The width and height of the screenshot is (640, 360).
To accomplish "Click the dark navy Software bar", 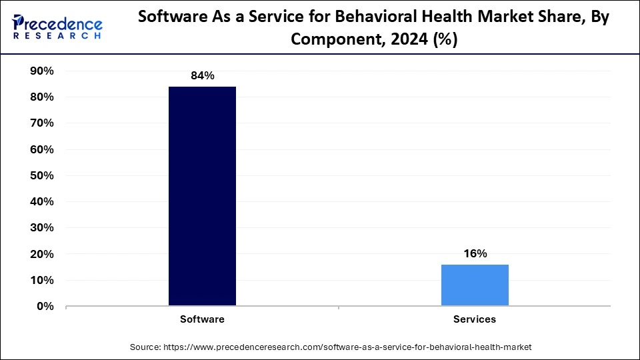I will [x=202, y=196].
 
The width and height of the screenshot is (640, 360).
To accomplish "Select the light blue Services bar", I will [x=475, y=285].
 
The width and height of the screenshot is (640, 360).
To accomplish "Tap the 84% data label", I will [x=202, y=76].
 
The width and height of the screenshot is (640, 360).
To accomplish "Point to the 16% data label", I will [x=475, y=254].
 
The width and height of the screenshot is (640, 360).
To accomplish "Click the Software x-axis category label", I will [x=202, y=319].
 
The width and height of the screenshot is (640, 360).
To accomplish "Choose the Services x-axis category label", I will [x=475, y=319].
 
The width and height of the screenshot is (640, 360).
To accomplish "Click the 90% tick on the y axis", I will [x=41, y=71].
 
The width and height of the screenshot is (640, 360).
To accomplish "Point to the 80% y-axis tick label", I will [x=41, y=97].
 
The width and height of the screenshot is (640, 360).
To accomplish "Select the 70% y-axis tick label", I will [x=41, y=123].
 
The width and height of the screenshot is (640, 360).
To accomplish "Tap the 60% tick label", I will [x=41, y=150].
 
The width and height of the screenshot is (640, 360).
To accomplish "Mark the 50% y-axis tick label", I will [x=41, y=176].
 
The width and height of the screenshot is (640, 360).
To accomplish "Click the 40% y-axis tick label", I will [x=41, y=202].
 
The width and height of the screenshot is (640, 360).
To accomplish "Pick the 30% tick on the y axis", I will [x=41, y=228].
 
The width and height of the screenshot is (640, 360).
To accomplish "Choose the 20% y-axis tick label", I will [x=41, y=255].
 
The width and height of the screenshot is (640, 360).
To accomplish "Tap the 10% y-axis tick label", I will [x=41, y=281].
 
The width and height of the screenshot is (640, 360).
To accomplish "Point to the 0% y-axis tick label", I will [x=45, y=307].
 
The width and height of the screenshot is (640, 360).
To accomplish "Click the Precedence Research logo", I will [x=57, y=27].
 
